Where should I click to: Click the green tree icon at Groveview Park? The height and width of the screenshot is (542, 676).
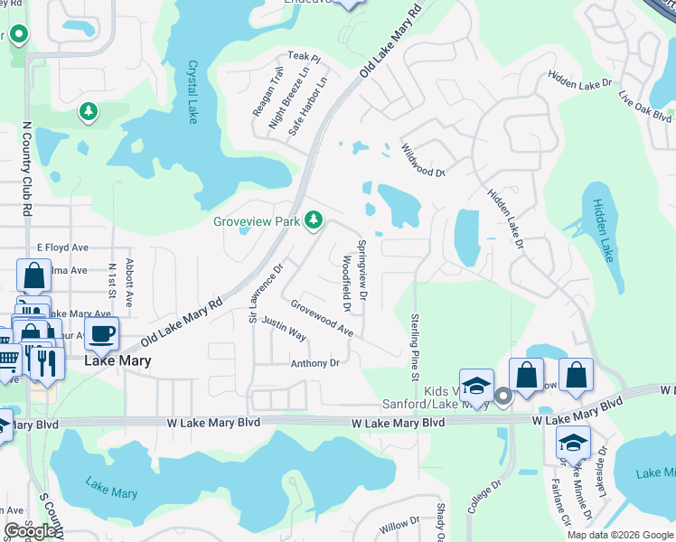click(314, 220)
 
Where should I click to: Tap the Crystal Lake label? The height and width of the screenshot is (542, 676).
click(192, 92)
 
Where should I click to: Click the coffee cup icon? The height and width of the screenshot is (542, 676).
click(102, 333)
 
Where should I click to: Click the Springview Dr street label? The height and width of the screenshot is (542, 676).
click(362, 269)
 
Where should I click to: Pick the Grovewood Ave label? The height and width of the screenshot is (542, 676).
click(322, 319)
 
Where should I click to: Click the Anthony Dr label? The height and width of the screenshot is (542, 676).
click(315, 363)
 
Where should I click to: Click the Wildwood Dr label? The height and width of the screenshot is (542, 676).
click(423, 161)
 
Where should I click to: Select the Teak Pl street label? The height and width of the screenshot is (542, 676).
click(305, 57)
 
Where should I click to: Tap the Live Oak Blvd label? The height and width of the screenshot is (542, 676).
click(644, 105)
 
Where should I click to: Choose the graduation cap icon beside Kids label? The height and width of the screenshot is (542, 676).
click(476, 386)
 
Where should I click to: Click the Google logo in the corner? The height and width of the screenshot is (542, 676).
click(30, 531)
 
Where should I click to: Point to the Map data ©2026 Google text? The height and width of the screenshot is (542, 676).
click(619, 535)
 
